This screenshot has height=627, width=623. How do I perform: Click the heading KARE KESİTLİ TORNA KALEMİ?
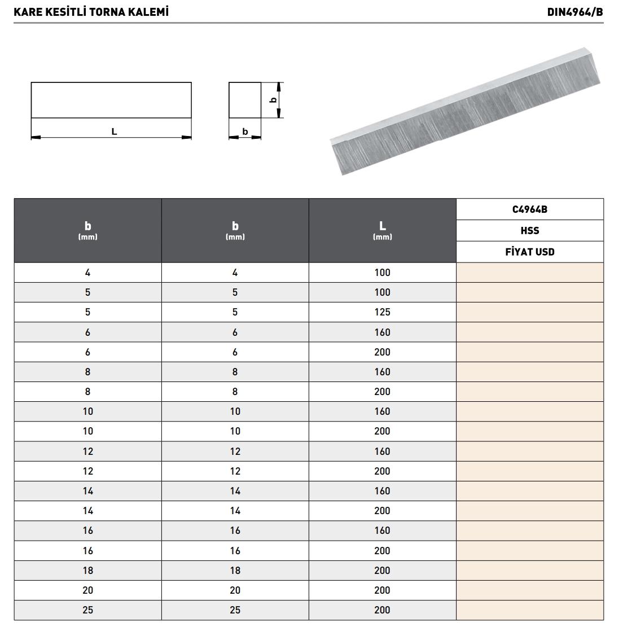pyautogui.click(x=91, y=12)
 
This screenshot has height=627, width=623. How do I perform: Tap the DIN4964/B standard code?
pyautogui.click(x=574, y=12)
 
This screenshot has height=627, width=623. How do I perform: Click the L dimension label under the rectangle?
pyautogui.click(x=114, y=131)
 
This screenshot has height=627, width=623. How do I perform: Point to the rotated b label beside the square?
pyautogui.click(x=273, y=100)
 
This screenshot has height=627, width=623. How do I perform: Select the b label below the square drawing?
pyautogui.click(x=245, y=131)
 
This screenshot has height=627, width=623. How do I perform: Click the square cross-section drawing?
pyautogui.click(x=245, y=100)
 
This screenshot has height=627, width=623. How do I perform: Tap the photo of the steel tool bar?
pyautogui.click(x=466, y=111)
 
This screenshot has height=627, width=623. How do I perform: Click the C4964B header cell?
pyautogui.click(x=529, y=209)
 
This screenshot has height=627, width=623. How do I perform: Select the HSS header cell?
pyautogui.click(x=529, y=230)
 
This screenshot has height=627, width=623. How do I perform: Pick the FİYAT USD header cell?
pyautogui.click(x=529, y=252)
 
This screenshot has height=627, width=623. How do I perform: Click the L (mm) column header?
pyautogui.click(x=382, y=230)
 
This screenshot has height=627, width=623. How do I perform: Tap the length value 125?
pyautogui.click(x=382, y=312)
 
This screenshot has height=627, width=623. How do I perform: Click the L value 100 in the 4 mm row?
pyautogui.click(x=382, y=273)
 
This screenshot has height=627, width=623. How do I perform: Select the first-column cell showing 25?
pyautogui.click(x=88, y=610)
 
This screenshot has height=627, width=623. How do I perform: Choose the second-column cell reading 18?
pyautogui.click(x=235, y=570)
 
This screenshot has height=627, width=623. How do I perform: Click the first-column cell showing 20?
pyautogui.click(x=88, y=590)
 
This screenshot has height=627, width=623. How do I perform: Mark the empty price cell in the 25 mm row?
pyautogui.click(x=529, y=610)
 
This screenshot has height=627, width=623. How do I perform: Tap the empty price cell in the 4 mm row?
pyautogui.click(x=529, y=273)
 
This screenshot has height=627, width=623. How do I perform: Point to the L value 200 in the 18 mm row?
pyautogui.click(x=382, y=570)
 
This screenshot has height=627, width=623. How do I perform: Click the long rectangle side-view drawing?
pyautogui.click(x=111, y=100)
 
